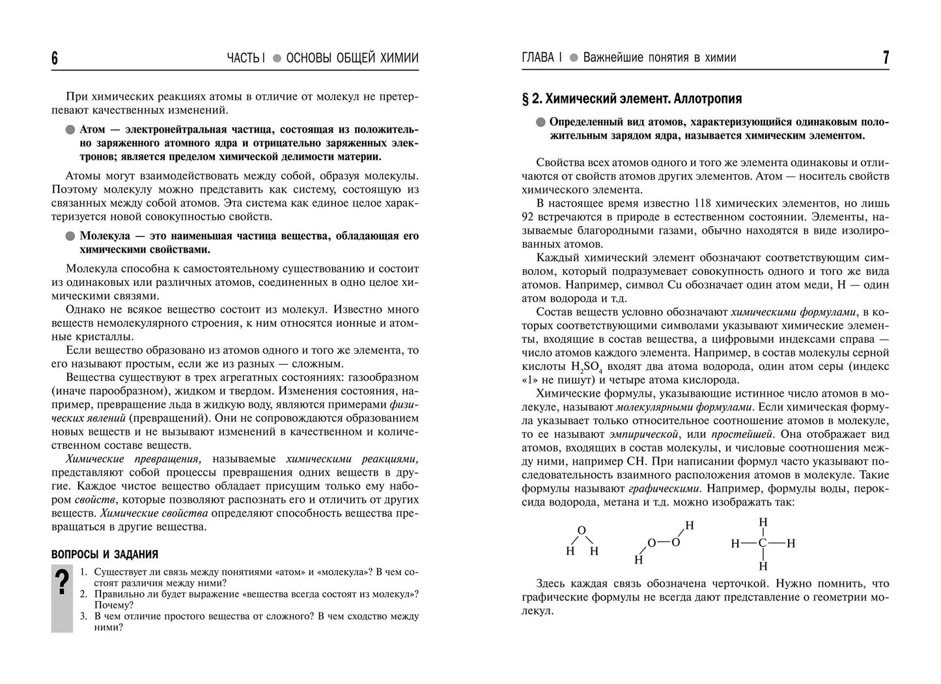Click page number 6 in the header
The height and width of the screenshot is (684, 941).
[55, 59]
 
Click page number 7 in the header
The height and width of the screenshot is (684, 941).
[886, 58]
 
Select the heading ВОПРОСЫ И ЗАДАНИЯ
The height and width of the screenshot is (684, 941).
[104, 554]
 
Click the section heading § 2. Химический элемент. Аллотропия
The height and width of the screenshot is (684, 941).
[632, 99]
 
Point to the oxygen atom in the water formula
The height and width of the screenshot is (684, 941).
[582, 530]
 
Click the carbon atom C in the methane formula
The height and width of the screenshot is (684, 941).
[763, 543]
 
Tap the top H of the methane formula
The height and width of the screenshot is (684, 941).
[763, 522]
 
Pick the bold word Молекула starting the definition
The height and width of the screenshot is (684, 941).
[104, 236]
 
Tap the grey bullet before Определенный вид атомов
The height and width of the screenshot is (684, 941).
[541, 122]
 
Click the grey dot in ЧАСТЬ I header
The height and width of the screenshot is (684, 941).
[276, 59]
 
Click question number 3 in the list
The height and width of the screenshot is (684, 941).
[84, 616]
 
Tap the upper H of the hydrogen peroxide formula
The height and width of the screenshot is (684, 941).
[690, 525]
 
